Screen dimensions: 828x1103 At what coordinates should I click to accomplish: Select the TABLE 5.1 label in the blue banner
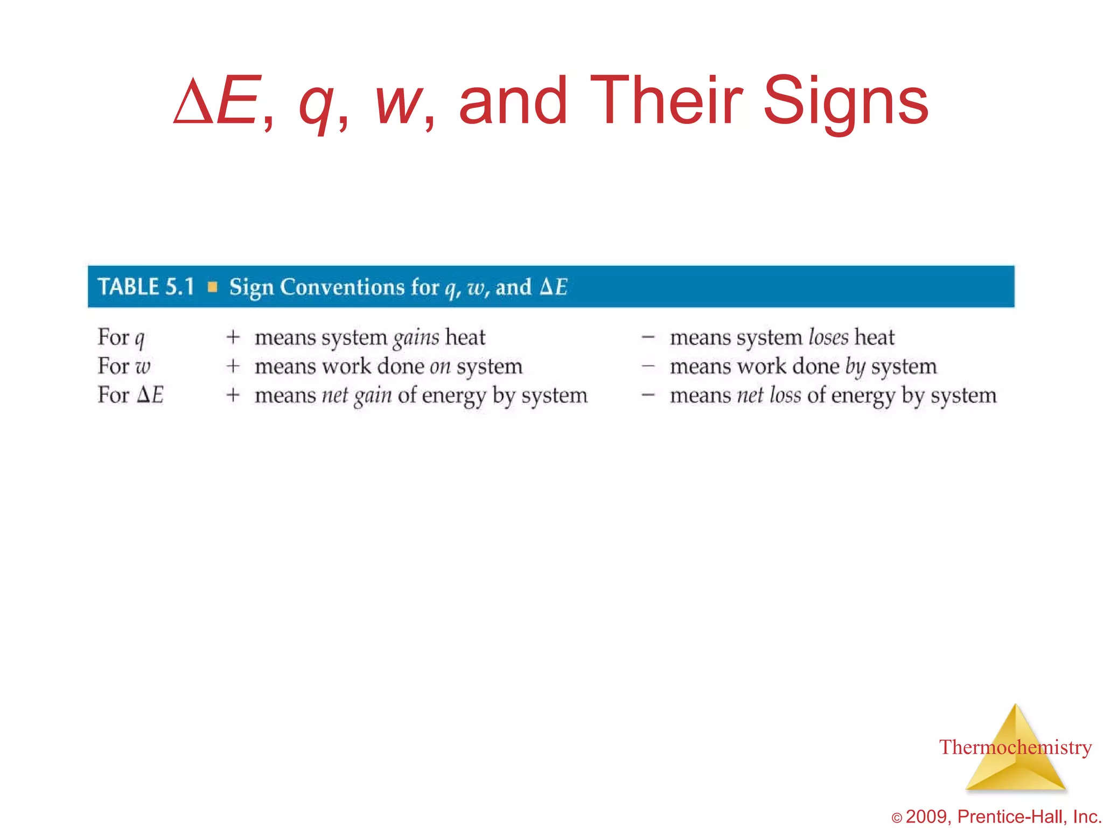tap(146, 287)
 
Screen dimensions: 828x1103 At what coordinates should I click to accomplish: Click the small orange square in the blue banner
tap(213, 287)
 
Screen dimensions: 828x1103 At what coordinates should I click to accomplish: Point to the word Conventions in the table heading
tap(342, 287)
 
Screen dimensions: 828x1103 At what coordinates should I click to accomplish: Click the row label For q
tap(121, 337)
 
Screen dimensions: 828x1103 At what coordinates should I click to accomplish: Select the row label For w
tap(124, 367)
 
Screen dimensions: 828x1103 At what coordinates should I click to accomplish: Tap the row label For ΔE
tap(130, 395)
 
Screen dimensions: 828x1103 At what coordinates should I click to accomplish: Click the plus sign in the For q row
tap(233, 337)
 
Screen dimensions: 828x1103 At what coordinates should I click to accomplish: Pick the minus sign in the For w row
tap(648, 367)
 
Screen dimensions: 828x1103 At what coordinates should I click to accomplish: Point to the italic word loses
tap(828, 337)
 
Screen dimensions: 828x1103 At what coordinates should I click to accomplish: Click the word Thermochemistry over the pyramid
tap(1015, 747)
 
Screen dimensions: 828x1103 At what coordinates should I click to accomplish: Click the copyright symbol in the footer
tap(897, 818)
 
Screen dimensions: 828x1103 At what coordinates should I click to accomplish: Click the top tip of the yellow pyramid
tap(1016, 706)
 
